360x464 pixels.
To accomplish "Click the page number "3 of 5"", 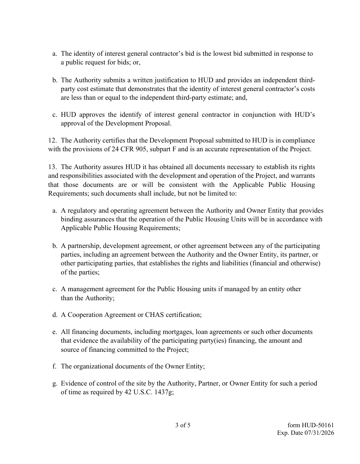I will coord(183,425).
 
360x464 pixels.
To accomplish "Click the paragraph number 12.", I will coord(52,141).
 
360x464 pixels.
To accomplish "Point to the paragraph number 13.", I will coord(52,167).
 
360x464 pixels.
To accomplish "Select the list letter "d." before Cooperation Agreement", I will coord(55,315).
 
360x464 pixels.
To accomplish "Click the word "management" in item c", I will coord(84,289).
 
